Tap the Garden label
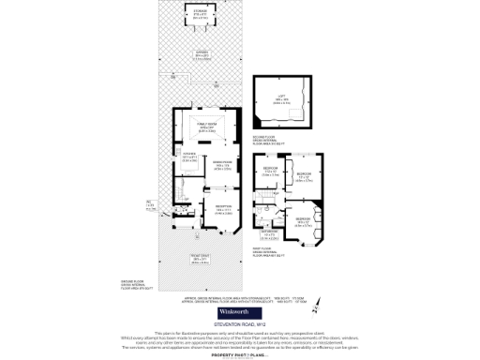point(202,54)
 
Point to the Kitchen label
point(188,158)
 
